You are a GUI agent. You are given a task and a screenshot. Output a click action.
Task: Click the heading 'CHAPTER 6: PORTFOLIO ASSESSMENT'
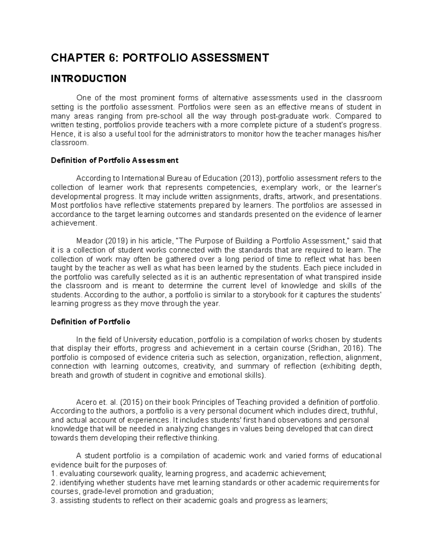pyautogui.click(x=160, y=58)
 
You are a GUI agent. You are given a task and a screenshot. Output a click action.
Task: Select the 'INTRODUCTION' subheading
pyautogui.click(x=88, y=79)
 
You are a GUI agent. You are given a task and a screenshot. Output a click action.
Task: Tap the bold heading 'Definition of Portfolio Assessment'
pyautogui.click(x=115, y=160)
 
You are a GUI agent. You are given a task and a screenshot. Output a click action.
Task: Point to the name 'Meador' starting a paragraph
pyautogui.click(x=88, y=241)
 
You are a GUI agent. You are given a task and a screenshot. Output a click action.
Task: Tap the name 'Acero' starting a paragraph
pyautogui.click(x=85, y=402)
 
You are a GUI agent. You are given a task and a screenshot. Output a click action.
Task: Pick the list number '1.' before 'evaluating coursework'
pyautogui.click(x=54, y=473)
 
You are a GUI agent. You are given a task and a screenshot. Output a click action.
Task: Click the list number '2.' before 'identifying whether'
pyautogui.click(x=54, y=482)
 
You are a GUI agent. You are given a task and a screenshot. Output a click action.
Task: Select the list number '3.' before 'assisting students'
pyautogui.click(x=54, y=501)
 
